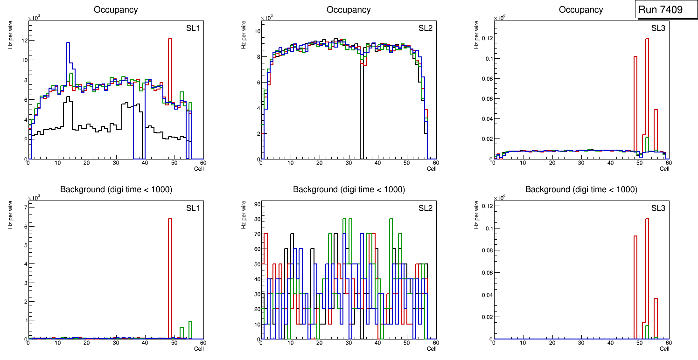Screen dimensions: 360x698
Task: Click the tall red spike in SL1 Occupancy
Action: pyautogui.click(x=170, y=70)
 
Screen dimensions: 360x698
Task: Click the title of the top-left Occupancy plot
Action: pyautogui.click(x=116, y=10)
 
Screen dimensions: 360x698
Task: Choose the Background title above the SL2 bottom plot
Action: pyautogui.click(x=349, y=189)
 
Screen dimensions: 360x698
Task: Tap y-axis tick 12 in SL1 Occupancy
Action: pyautogui.click(x=24, y=41)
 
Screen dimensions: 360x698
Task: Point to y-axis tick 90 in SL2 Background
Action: pyautogui.click(x=257, y=204)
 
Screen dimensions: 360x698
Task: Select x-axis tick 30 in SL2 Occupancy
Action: pyautogui.click(x=349, y=163)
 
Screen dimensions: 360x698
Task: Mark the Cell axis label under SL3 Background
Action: pyautogui.click(x=664, y=349)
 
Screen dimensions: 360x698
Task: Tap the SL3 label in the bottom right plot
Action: pyautogui.click(x=658, y=208)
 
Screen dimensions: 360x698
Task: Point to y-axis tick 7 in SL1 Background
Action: pyautogui.click(x=25, y=207)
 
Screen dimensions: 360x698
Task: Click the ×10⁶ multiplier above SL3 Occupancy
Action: pyautogui.click(x=499, y=18)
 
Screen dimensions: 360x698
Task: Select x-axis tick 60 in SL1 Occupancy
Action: pyautogui.click(x=203, y=163)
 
